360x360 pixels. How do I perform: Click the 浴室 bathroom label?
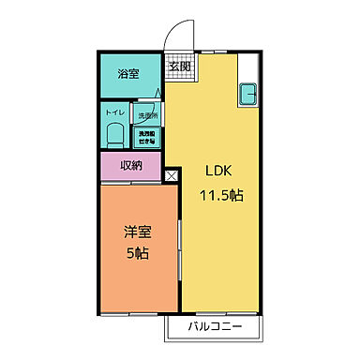pyautogui.click(x=128, y=74)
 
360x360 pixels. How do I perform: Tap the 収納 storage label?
pyautogui.click(x=131, y=166)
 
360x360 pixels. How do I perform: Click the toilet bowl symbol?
pyautogui.click(x=114, y=133)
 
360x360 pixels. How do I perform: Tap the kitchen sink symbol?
pyautogui.click(x=250, y=95)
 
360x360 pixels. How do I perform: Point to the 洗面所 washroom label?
pyautogui.click(x=148, y=116)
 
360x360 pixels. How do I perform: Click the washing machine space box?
pyautogui.click(x=148, y=136)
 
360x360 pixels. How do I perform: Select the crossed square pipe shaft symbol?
pyautogui.click(x=172, y=174)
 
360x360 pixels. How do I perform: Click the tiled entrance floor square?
pyautogui.click(x=179, y=66)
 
